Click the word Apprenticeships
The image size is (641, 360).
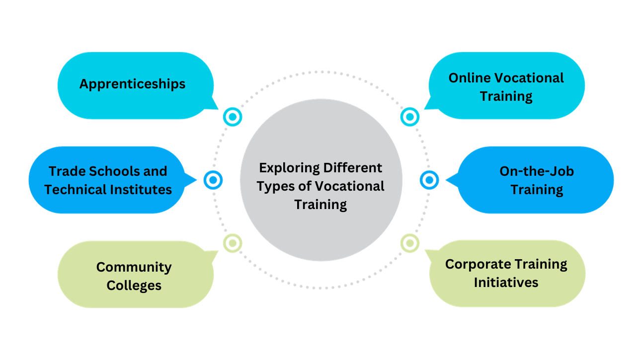point(132,84)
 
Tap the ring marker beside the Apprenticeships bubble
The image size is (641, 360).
point(232,117)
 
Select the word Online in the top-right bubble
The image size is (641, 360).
point(469,78)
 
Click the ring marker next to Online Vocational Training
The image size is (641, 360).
point(409,117)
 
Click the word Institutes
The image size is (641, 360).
point(144,190)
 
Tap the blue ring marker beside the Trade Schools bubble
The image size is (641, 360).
point(213,180)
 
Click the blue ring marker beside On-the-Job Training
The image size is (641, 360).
point(429,180)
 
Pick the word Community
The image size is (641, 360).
point(134,267)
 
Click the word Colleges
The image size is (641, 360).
point(134,286)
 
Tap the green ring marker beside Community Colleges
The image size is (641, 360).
point(232,243)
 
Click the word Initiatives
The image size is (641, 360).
point(506,283)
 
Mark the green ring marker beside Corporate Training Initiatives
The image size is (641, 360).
point(409,243)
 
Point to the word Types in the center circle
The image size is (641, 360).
point(274,186)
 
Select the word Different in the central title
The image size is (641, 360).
point(353,168)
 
